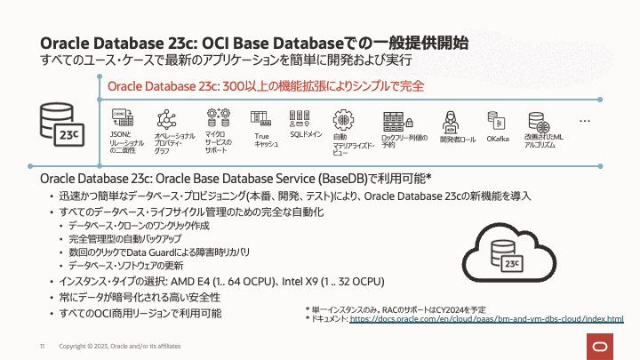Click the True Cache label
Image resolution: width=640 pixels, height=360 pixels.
[261, 139]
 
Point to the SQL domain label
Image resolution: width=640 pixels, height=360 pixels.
[305, 134]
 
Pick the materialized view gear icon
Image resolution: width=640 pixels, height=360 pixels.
[344, 119]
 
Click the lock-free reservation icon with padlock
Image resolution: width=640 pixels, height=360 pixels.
[395, 121]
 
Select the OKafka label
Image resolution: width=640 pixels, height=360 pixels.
[498, 139]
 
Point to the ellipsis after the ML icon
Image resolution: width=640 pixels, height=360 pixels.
[585, 119]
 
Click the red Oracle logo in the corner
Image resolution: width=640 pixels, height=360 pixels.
[601, 345]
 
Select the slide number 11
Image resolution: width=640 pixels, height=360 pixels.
[42, 345]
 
